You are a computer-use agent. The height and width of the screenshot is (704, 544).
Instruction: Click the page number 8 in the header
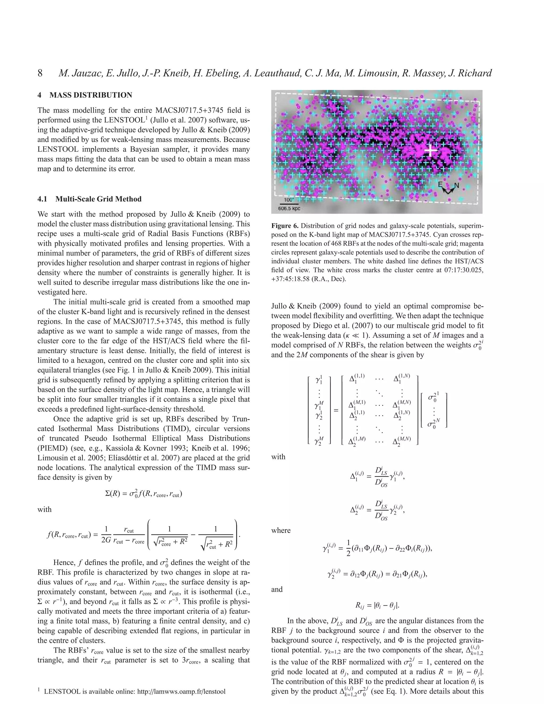click(x=40, y=73)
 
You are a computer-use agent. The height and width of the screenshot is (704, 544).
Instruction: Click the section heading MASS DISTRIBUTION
click(x=91, y=95)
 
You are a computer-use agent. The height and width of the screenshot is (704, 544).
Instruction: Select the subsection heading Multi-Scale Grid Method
click(x=98, y=199)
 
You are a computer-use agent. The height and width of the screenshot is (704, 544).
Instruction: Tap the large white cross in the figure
click(x=431, y=150)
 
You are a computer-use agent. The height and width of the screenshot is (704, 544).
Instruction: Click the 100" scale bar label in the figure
click(x=289, y=200)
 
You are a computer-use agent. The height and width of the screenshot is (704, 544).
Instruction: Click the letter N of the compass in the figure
click(x=456, y=185)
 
